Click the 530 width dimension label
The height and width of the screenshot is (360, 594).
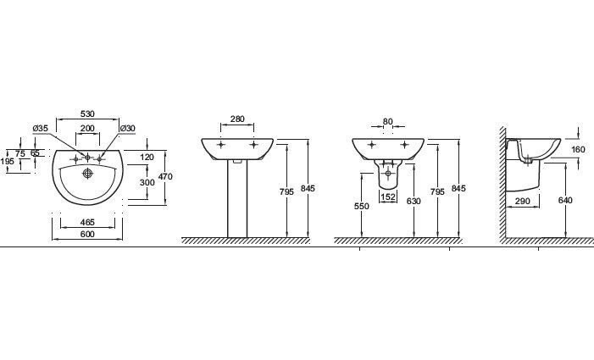coord(87,114)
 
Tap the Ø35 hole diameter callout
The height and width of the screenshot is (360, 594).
coord(41,128)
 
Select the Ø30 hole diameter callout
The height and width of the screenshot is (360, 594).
coord(128,128)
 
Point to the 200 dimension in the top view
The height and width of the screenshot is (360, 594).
coord(87,128)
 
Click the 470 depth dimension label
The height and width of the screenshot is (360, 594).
coord(165,176)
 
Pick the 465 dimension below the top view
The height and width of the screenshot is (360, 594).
coord(87,222)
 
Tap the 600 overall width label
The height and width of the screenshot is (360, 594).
coord(87,235)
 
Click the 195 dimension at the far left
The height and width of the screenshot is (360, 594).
coord(7,162)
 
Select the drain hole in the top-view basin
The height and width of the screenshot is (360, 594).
coord(88,174)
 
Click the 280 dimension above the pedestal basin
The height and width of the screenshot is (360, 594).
coord(237,119)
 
